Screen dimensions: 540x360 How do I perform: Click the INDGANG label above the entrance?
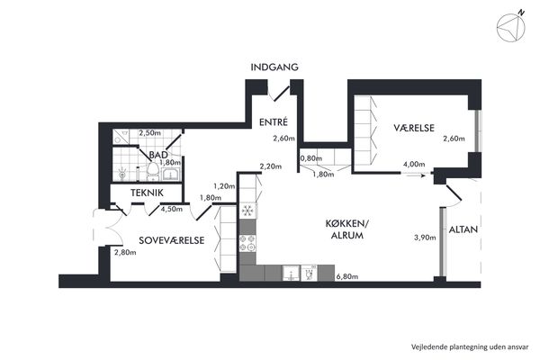(x=274, y=67)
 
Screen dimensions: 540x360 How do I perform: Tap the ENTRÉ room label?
(x=274, y=122)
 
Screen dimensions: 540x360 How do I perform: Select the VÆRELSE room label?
(x=414, y=128)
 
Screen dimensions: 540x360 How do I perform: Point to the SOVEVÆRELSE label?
(x=172, y=240)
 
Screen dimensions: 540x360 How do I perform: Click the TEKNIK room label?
(x=147, y=193)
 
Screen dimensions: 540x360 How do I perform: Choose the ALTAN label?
(x=463, y=229)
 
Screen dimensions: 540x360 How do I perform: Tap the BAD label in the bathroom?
(x=158, y=155)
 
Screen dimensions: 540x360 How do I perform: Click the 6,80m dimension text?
(x=346, y=276)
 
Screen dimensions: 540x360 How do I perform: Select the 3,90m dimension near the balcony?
(x=425, y=238)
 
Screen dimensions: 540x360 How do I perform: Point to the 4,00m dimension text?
(x=414, y=165)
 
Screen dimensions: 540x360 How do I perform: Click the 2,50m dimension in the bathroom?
(x=149, y=132)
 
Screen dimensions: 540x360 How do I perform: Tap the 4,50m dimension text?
(x=172, y=209)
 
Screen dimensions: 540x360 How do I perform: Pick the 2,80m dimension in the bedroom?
(x=125, y=253)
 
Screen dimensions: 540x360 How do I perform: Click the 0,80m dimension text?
(x=311, y=158)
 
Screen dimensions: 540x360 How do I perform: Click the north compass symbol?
(x=511, y=28)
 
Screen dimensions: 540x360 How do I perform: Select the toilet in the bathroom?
(x=153, y=171)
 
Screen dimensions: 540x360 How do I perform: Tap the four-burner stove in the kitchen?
(x=247, y=242)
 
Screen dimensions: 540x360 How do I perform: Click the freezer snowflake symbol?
(x=247, y=210)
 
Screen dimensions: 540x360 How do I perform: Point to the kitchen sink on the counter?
(x=292, y=274)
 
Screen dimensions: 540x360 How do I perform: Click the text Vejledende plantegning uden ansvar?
(x=470, y=346)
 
